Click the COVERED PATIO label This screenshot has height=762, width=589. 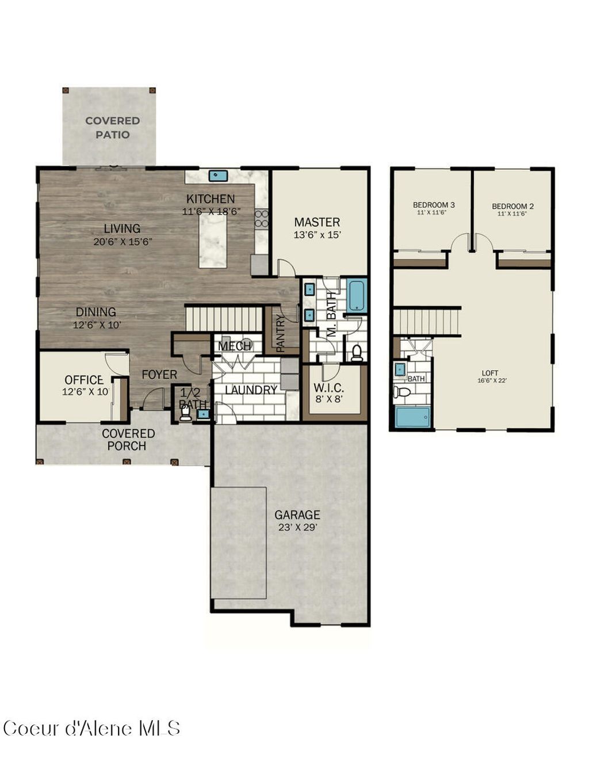(x=112, y=128)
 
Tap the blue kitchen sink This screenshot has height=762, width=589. (x=218, y=175)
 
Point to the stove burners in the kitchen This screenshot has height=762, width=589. (x=262, y=219)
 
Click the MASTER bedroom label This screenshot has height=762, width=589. (x=317, y=222)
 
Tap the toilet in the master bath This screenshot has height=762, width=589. (x=357, y=352)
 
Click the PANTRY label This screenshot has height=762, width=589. (x=281, y=333)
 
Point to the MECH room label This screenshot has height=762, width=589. (x=235, y=346)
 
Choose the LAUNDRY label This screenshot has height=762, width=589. (x=251, y=390)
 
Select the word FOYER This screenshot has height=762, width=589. (x=159, y=375)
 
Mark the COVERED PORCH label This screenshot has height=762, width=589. (x=128, y=440)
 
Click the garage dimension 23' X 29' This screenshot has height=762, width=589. (x=297, y=527)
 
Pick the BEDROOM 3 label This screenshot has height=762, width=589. (x=434, y=205)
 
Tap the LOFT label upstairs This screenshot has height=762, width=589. (x=490, y=373)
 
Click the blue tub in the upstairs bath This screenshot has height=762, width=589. (x=412, y=417)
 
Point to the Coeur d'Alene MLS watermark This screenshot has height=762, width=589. (x=92, y=728)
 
